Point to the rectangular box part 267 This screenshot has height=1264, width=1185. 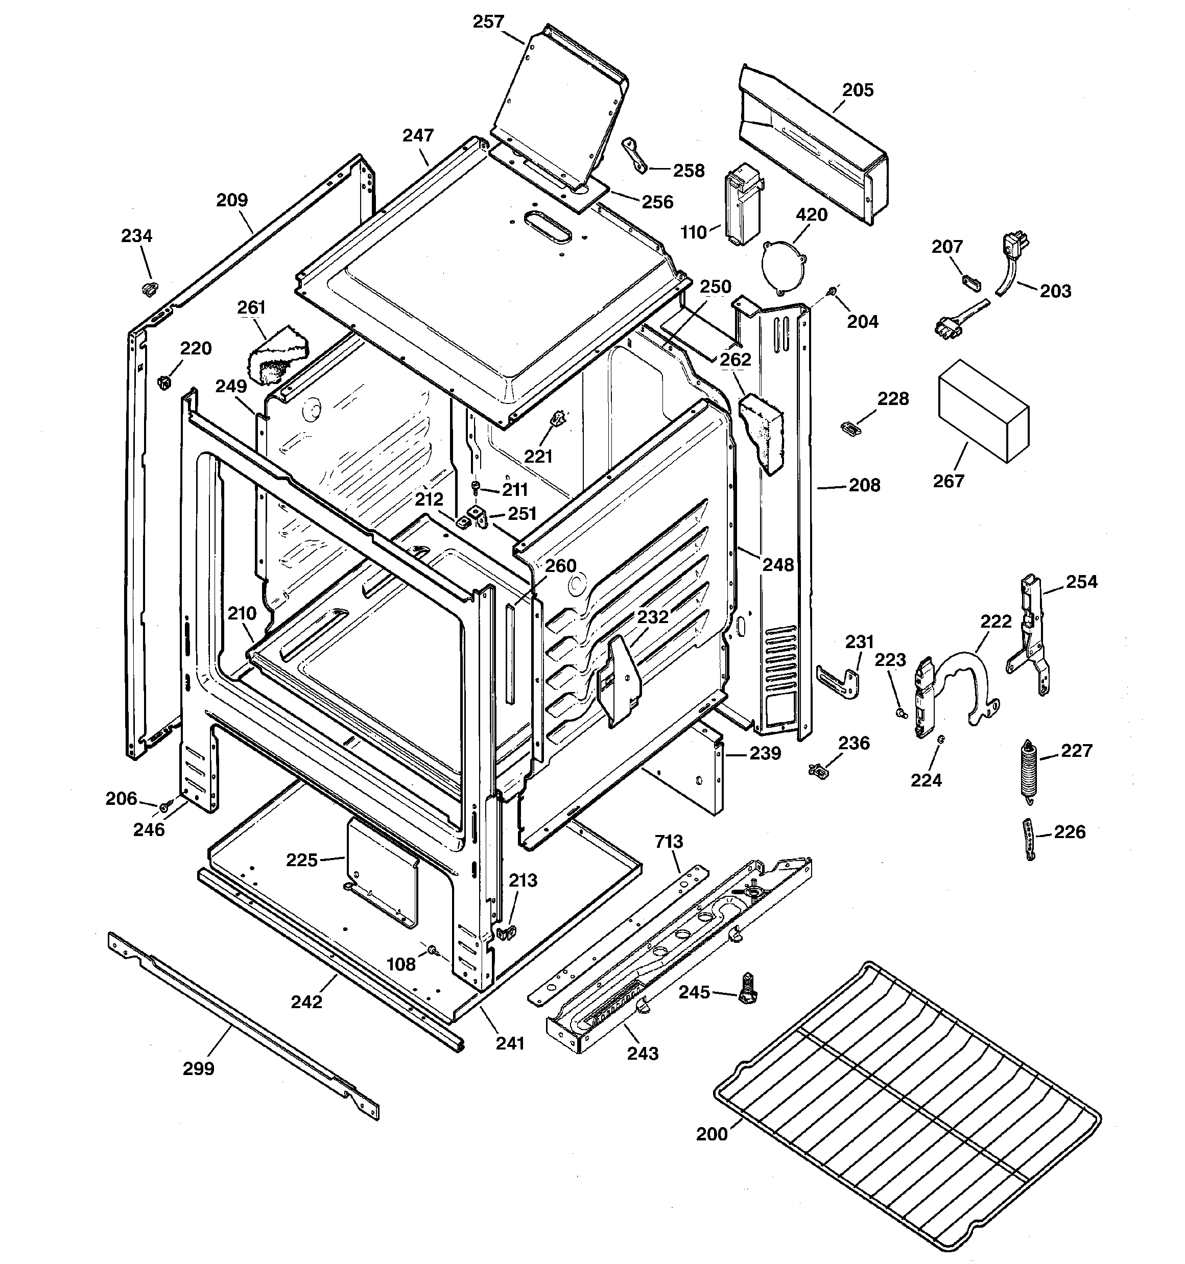[983, 410]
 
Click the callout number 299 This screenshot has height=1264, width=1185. [199, 1069]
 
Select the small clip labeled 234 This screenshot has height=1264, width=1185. [150, 288]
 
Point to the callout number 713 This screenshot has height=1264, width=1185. [669, 841]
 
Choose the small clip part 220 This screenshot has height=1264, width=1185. [164, 382]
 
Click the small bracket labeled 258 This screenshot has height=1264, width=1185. [635, 155]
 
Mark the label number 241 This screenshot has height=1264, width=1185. [510, 1043]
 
